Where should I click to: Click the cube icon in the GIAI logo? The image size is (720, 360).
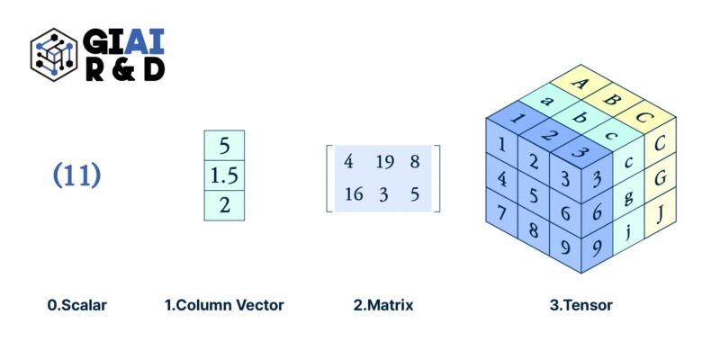(x=54, y=54)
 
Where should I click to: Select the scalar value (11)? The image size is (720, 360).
(x=76, y=175)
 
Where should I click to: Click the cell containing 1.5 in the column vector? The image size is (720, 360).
(x=224, y=175)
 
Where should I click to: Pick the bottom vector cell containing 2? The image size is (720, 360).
(x=224, y=205)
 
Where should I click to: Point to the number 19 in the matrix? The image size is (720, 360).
(x=384, y=163)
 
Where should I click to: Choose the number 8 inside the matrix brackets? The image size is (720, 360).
(x=414, y=163)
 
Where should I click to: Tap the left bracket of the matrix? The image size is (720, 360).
(x=329, y=178)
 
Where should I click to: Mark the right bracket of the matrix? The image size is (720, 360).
(x=437, y=178)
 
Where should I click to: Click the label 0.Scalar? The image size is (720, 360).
(x=77, y=305)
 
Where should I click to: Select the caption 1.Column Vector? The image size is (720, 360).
(x=224, y=305)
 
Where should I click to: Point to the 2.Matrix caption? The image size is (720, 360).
(x=383, y=305)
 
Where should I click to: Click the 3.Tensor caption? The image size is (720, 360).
(x=581, y=305)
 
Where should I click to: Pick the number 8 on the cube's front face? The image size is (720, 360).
(x=534, y=229)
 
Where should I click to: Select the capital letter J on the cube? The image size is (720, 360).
(x=660, y=214)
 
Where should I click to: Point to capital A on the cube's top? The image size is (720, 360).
(x=580, y=85)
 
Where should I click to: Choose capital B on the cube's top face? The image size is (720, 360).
(x=612, y=100)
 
